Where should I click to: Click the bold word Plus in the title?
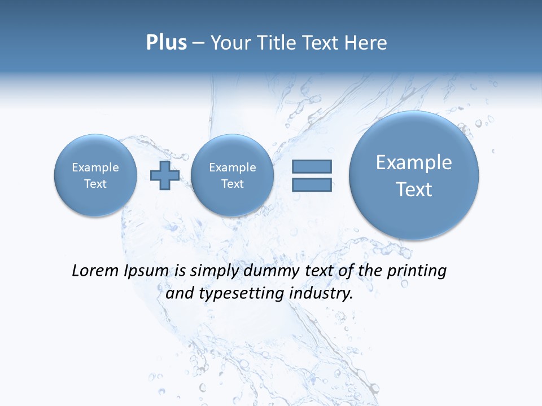(x=166, y=43)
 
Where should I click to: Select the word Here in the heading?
(x=367, y=43)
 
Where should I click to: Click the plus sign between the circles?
(x=165, y=175)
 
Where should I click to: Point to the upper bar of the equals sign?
(x=312, y=166)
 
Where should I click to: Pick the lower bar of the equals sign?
(x=312, y=184)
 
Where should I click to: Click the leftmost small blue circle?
(x=95, y=175)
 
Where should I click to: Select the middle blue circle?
(x=232, y=175)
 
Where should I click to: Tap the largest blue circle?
(x=414, y=175)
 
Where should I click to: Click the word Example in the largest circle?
(x=414, y=162)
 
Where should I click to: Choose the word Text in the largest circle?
(x=414, y=189)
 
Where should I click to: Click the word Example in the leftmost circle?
(x=95, y=167)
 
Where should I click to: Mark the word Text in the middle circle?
(x=232, y=184)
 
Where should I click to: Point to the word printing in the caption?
(x=417, y=271)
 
